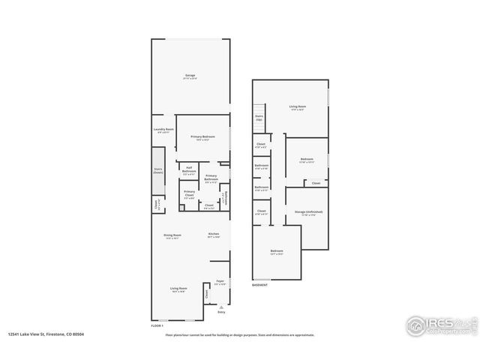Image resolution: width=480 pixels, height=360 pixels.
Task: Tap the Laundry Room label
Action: coord(163,130)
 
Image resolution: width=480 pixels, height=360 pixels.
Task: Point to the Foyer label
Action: coord(220,283)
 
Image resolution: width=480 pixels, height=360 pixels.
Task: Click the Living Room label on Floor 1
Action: coord(178,289)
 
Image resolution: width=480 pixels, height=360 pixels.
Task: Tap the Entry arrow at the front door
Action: coord(221,307)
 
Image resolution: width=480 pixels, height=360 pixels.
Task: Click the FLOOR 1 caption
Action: coord(157,325)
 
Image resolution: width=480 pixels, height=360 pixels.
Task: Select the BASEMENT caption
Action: coord(259,285)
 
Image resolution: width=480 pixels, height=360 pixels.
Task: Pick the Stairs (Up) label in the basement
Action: coord(259,118)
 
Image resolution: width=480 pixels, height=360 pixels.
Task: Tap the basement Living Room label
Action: coord(298,107)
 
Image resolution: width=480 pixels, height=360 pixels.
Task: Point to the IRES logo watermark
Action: coord(439,324)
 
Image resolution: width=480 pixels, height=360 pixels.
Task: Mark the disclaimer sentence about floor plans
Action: coord(239,335)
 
